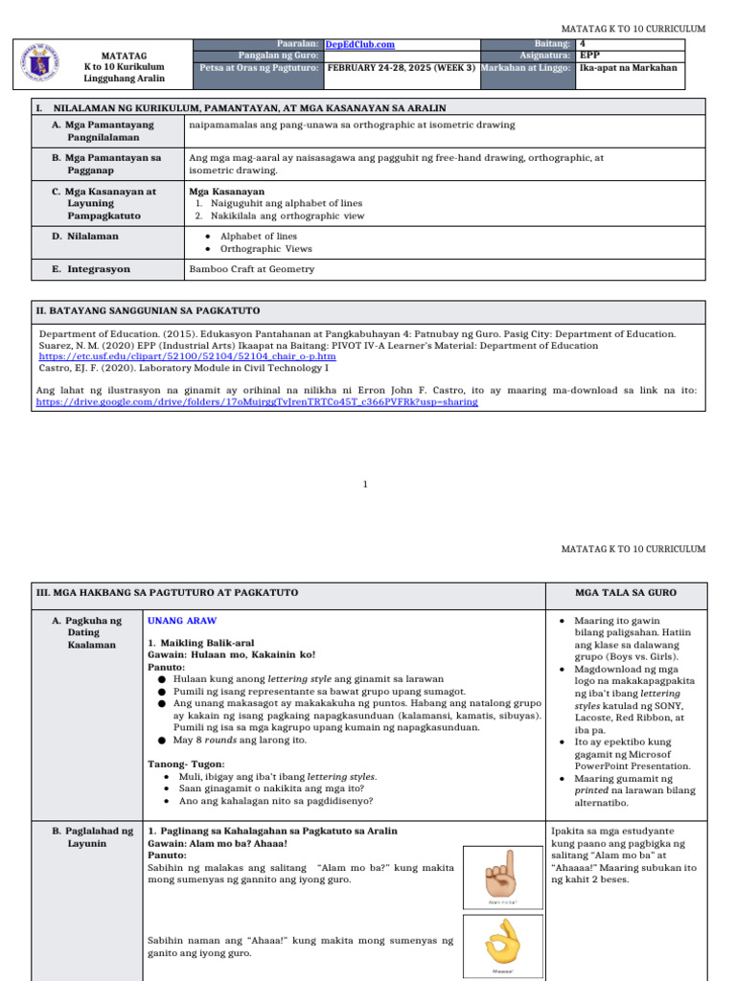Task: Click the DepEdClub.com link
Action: coord(359,44)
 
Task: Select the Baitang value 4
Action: coord(583,44)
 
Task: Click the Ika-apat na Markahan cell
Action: coord(628,68)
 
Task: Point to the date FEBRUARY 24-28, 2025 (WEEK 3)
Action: coord(402,68)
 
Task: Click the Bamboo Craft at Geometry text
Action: coord(251,269)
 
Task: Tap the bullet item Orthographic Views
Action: coord(265,249)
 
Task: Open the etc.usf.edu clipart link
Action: coord(186,356)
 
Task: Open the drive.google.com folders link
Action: coord(257,402)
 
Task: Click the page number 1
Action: coord(365,485)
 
